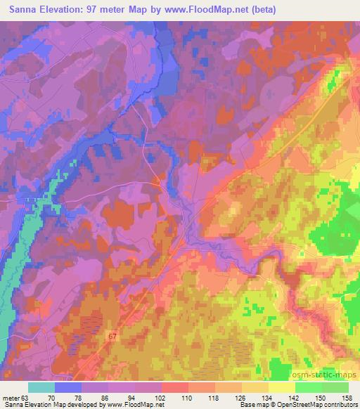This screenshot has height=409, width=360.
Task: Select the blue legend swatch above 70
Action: tap(68, 387)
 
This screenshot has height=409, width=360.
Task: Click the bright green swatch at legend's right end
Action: tap(335, 387)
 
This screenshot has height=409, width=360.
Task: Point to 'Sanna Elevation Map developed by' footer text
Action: tap(52, 405)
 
